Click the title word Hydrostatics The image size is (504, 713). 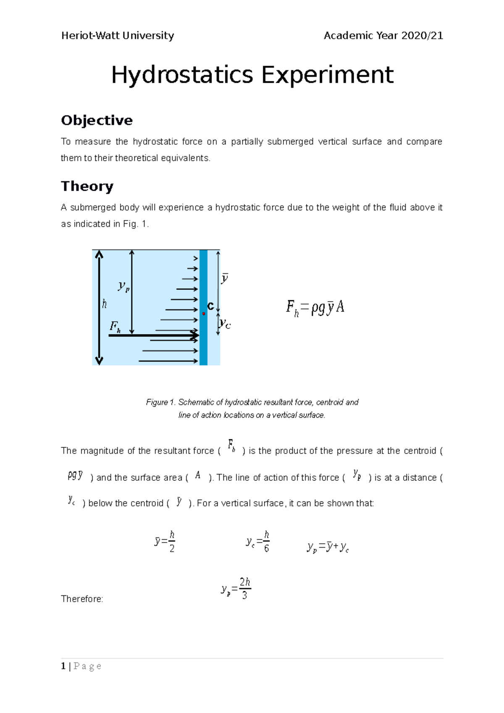182,76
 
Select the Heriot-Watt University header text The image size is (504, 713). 118,36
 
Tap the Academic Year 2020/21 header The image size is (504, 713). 383,36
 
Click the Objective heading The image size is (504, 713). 97,121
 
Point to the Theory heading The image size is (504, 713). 87,186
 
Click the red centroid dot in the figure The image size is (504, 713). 204,314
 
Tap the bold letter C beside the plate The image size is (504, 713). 211,306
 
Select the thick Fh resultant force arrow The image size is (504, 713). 153,336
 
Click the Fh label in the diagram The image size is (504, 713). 115,326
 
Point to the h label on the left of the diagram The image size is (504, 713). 104,304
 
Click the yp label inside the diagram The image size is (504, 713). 123,286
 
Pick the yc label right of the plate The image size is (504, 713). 225,324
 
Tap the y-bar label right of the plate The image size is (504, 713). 225,278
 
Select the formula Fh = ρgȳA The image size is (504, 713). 315,308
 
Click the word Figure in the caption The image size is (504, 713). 157,402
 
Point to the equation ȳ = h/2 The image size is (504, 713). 165,542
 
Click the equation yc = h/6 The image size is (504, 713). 257,542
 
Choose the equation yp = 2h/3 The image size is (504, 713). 236,588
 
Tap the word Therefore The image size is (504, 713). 82,599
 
